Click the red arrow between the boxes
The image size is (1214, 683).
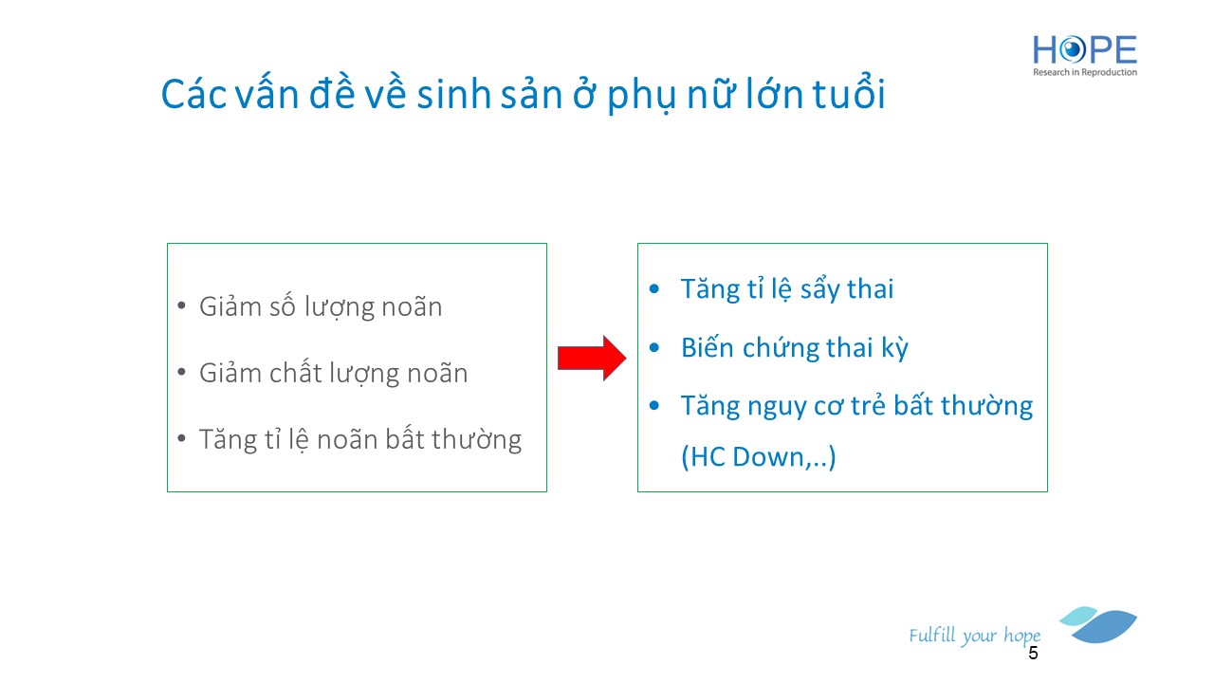pyautogui.click(x=592, y=359)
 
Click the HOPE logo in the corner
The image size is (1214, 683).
pyautogui.click(x=1084, y=55)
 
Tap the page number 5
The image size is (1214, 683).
pyautogui.click(x=1033, y=654)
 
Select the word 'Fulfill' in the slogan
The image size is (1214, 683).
pyautogui.click(x=932, y=635)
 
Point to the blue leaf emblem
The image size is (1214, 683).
pyautogui.click(x=1098, y=624)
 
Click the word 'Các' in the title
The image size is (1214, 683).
pyautogui.click(x=193, y=94)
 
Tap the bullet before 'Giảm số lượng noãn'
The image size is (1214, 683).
pyautogui.click(x=181, y=305)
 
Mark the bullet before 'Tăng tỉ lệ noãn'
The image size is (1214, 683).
pyautogui.click(x=181, y=438)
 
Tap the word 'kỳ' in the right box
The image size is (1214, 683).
pyautogui.click(x=894, y=348)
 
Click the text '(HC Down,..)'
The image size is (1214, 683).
pyautogui.click(x=759, y=456)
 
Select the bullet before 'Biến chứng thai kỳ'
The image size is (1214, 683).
pyautogui.click(x=654, y=347)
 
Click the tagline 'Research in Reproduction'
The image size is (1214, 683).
pyautogui.click(x=1085, y=72)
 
